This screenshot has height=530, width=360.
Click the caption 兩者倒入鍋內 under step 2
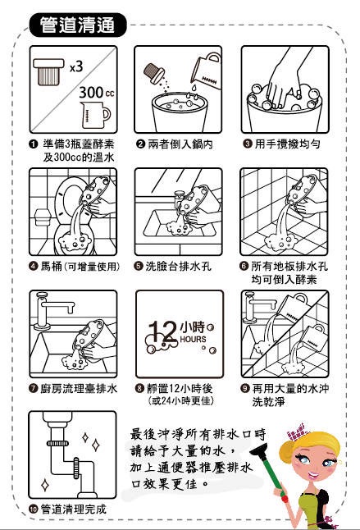[x=180, y=144]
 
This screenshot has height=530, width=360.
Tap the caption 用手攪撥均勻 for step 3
[x=286, y=144]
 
